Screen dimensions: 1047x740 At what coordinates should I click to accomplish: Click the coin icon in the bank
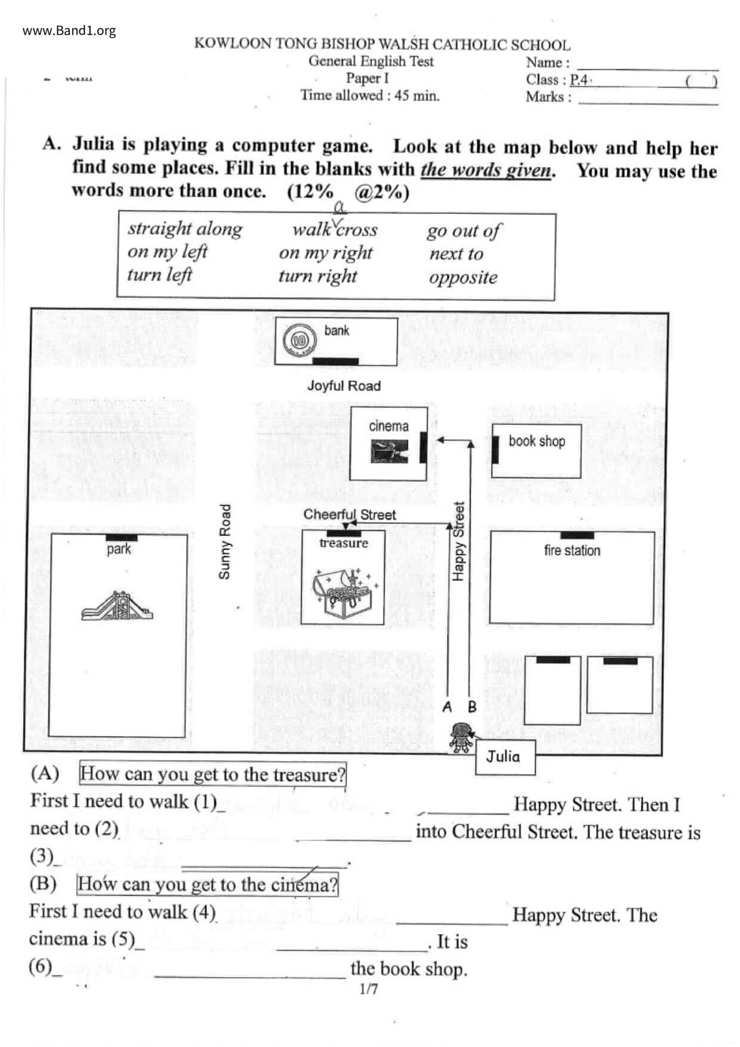[x=298, y=341]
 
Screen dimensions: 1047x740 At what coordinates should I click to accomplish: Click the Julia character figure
[x=461, y=737]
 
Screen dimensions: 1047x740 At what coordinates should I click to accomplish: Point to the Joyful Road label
[x=344, y=386]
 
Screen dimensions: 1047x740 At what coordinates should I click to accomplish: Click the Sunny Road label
[x=224, y=542]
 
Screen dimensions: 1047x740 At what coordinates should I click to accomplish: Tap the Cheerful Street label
[x=349, y=515]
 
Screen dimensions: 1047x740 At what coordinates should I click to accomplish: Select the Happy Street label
[x=458, y=542]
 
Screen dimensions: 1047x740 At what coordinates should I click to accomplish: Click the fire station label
[x=572, y=550]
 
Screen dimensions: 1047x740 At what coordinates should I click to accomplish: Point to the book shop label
[x=536, y=441]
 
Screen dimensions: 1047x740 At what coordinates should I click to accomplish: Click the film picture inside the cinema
[x=389, y=451]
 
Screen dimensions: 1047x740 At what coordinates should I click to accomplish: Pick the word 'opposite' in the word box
[x=463, y=278]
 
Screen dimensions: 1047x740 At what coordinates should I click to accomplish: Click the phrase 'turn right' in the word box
[x=317, y=276]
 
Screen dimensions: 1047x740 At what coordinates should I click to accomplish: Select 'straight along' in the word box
[x=185, y=229]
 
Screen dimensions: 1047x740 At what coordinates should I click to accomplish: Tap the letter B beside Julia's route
[x=472, y=707]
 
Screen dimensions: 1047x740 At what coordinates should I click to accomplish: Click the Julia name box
[x=504, y=757]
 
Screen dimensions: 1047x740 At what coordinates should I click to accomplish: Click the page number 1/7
[x=369, y=990]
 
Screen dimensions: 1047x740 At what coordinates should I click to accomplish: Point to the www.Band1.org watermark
[x=69, y=31]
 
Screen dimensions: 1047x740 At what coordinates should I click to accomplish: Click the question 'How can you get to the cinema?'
[x=207, y=884]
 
